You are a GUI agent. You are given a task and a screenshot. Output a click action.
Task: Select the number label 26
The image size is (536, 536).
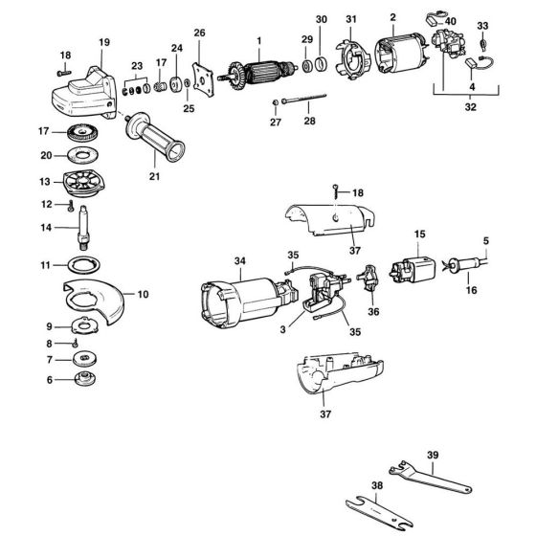click(x=200, y=33)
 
